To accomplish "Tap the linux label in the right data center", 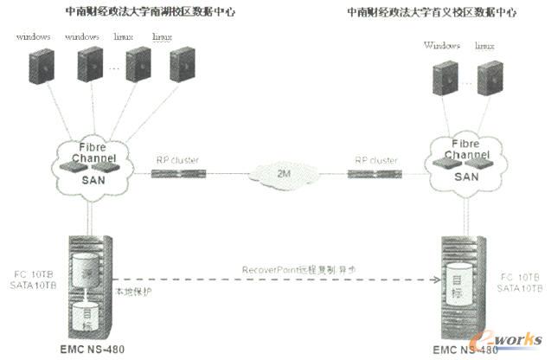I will [484, 46].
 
